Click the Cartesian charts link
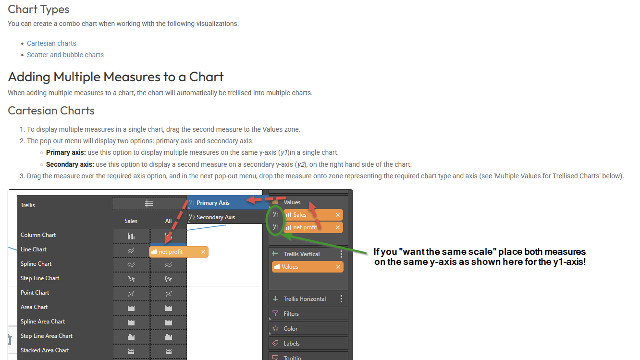[51, 43]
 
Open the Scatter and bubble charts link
[65, 55]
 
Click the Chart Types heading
[38, 9]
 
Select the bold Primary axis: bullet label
[66, 152]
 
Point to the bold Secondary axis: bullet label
[70, 164]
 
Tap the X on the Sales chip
[338, 215]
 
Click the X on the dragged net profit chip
[203, 252]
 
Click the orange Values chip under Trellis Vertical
[308, 267]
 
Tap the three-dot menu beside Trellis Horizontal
[341, 299]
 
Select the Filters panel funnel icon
[275, 313]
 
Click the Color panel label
[290, 329]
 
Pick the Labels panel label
[292, 344]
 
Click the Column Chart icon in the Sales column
[131, 236]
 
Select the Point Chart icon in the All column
[169, 293]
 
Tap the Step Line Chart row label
[40, 278]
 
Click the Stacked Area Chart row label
[45, 350]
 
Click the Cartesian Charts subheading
[51, 111]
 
